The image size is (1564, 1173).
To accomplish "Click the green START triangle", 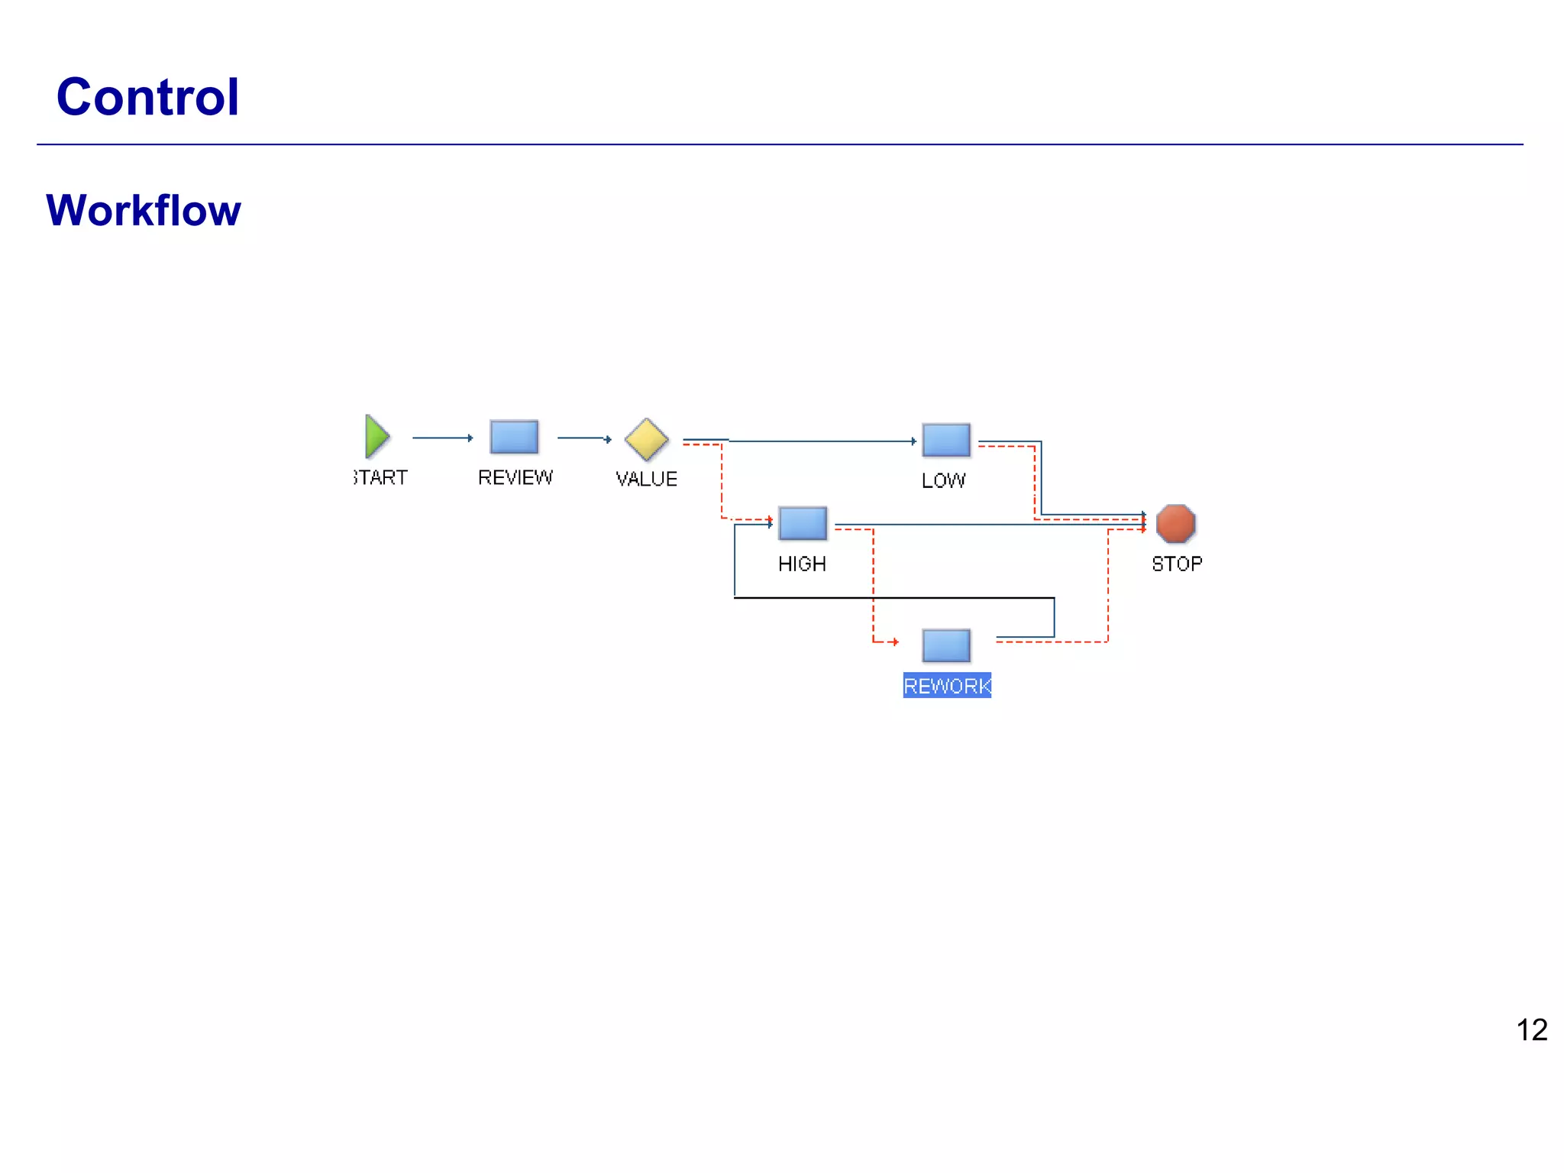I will [376, 437].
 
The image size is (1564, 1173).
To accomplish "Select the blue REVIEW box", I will [514, 437].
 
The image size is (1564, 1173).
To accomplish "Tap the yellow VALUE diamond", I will [646, 439].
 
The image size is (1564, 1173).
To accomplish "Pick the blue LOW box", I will [946, 440].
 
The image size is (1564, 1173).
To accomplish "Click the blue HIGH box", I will [802, 523].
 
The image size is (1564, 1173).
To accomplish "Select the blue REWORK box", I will [946, 645].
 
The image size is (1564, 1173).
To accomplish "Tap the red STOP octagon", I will [1175, 523].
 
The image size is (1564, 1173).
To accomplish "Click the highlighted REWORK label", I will [947, 686].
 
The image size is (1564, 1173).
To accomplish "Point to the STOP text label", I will [1177, 564].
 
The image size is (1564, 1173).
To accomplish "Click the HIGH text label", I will [802, 564].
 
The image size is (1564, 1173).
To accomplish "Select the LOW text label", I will [943, 480].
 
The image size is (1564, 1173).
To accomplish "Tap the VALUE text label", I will [646, 479].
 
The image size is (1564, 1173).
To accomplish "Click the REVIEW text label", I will [515, 477].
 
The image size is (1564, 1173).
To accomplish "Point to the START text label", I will [381, 477].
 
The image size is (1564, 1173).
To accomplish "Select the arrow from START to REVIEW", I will [442, 438].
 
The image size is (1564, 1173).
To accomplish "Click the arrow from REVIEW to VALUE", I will [584, 438].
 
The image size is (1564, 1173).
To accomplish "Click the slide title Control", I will [148, 97].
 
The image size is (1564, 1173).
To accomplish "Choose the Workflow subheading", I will [144, 210].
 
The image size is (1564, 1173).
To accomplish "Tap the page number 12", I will [1531, 1030].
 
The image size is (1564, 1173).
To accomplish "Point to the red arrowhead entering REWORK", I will [894, 641].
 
